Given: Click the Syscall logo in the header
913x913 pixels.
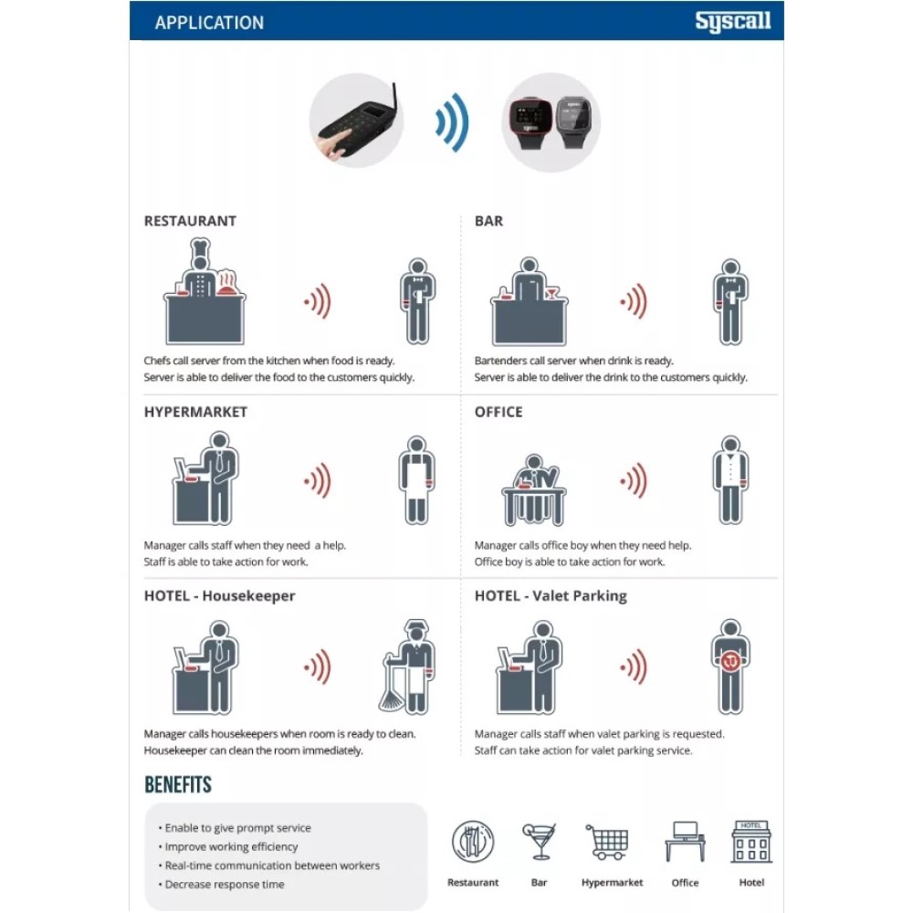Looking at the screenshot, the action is [x=732, y=22].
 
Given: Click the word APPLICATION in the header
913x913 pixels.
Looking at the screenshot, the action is [x=209, y=23].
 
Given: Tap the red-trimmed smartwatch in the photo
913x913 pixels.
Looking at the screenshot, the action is [x=531, y=121].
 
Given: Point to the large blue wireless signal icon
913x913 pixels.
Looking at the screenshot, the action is [x=453, y=122].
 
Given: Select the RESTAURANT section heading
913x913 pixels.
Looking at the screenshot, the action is [x=190, y=221].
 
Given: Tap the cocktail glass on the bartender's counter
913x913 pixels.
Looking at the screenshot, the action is [x=551, y=293].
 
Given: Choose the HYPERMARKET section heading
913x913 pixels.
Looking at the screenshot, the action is [x=195, y=412].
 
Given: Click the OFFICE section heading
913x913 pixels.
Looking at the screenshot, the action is [x=498, y=412].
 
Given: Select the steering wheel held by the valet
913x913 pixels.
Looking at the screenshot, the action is [x=730, y=661].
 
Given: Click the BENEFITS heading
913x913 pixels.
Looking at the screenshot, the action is [x=178, y=784].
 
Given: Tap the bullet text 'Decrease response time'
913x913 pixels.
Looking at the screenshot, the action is [x=225, y=884].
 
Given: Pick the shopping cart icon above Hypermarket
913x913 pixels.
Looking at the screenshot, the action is [x=607, y=842].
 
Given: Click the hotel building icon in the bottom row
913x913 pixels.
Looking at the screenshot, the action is [x=751, y=842].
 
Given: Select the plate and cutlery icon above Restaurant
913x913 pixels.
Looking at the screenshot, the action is [x=473, y=842].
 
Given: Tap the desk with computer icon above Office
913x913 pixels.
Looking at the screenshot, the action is [x=686, y=842].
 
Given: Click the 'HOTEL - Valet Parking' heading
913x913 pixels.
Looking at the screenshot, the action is [x=551, y=595].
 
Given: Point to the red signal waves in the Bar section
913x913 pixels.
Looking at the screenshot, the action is [x=635, y=301].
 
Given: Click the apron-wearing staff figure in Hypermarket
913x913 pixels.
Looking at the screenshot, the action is [x=417, y=480].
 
